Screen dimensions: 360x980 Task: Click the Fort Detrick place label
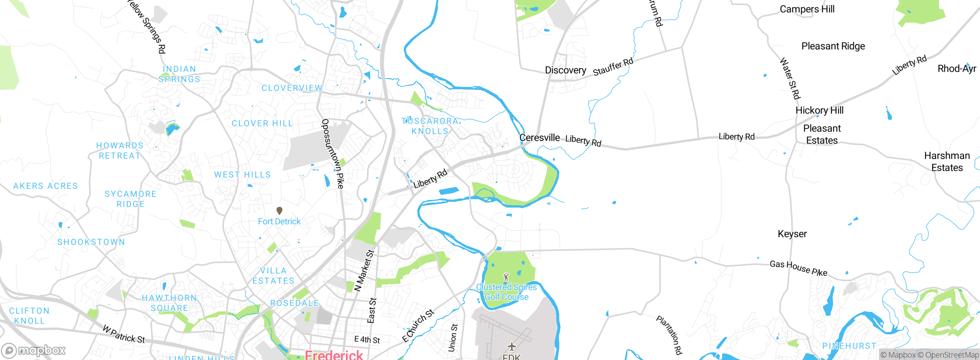tap(279, 221)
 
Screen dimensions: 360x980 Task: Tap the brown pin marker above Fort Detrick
tap(279, 211)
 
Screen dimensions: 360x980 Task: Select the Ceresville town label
tap(539, 137)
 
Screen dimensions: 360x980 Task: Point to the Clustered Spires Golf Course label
tap(506, 292)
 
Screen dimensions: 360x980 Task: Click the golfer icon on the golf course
tap(506, 277)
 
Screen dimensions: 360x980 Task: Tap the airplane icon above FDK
tap(512, 347)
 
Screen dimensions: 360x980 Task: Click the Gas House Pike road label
tap(798, 268)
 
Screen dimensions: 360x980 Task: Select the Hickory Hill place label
tap(819, 110)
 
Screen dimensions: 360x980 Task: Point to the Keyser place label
tap(792, 234)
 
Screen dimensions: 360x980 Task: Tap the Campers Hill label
tap(807, 9)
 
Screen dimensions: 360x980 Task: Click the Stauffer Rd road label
tap(613, 67)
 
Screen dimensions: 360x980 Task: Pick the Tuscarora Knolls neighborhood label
tap(430, 126)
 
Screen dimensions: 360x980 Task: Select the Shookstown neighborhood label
tap(91, 242)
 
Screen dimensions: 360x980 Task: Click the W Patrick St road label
tap(124, 334)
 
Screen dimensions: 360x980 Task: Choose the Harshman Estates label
tap(947, 162)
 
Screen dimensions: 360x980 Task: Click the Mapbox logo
tap(34, 350)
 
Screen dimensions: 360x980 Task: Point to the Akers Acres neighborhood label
tap(45, 186)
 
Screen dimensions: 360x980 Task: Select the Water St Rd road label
tap(790, 79)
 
